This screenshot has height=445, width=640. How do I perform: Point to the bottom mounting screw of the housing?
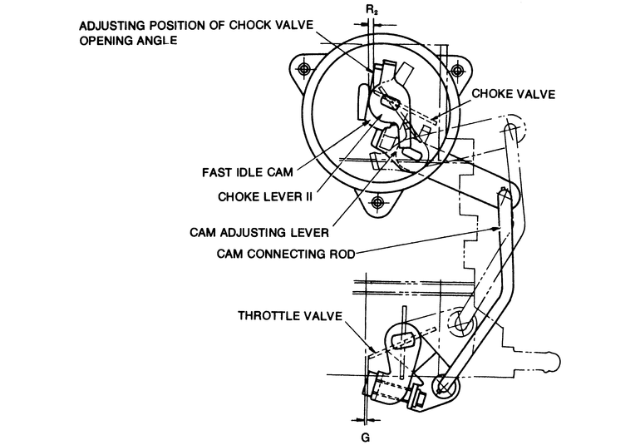(379, 201)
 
